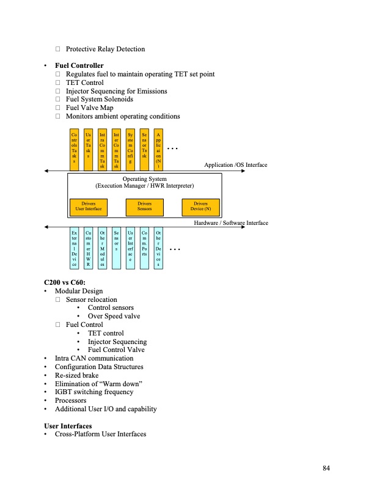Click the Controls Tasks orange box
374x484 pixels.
75,147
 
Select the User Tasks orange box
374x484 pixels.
89,147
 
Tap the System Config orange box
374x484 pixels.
130,147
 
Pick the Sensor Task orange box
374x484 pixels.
144,147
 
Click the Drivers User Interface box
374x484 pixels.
89,207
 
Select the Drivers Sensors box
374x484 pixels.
144,207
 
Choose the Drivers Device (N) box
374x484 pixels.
200,207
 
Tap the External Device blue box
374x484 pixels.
75,249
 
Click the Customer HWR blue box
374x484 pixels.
89,249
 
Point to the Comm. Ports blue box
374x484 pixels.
144,249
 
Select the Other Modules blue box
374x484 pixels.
102,249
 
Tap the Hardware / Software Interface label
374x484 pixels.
231,224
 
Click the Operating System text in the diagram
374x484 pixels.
145,179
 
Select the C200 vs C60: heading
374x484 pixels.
64,283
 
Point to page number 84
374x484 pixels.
326,468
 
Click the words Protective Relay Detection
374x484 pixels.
105,49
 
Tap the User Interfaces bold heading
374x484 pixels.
68,425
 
